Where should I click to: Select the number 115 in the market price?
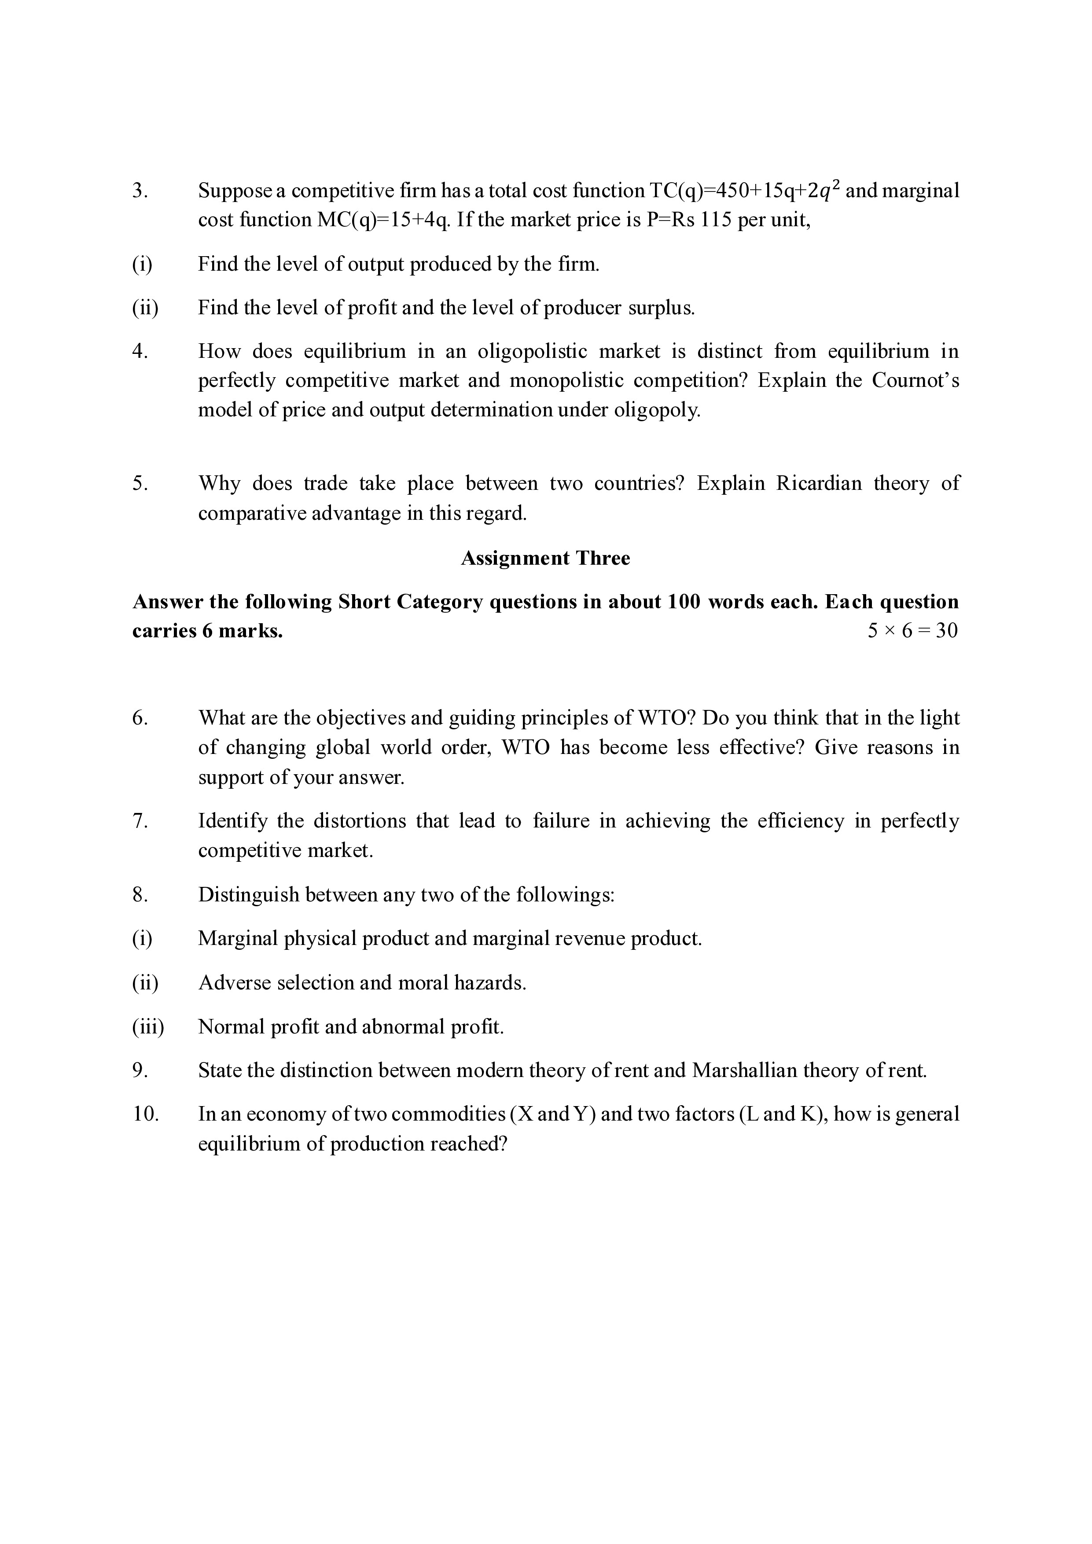pyautogui.click(x=715, y=221)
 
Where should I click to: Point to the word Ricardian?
pyautogui.click(x=818, y=484)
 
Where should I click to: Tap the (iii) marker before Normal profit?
pyautogui.click(x=148, y=1027)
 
